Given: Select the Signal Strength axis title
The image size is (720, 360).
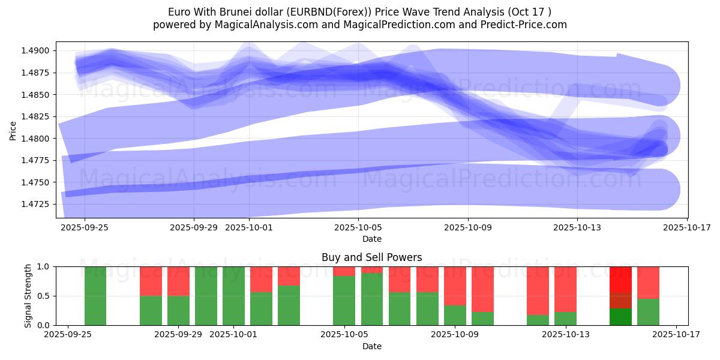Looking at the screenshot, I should coord(28,296).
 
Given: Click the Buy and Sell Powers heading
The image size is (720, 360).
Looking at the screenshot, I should coord(371,257).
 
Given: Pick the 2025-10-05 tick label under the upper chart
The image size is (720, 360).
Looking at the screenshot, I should coord(358,227).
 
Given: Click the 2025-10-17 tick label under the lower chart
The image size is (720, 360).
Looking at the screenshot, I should coord(676,335).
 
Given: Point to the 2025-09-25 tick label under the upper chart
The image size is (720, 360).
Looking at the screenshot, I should coord(84,227).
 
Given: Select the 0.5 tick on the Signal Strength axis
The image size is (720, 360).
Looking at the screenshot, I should coord(44,296).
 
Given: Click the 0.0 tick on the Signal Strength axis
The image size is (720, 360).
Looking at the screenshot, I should coord(44,325).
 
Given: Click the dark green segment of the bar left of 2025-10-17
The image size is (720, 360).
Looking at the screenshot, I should coord(620,317).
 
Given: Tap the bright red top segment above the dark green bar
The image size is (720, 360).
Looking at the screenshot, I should coord(620,280).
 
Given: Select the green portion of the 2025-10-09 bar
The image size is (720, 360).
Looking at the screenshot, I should coord(455,316).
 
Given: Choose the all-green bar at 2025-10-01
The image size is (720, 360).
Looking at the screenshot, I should coord(233,296).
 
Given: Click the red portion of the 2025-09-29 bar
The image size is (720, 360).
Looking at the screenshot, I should coord(178,281).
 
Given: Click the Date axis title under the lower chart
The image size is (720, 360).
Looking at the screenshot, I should coord(371,346).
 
